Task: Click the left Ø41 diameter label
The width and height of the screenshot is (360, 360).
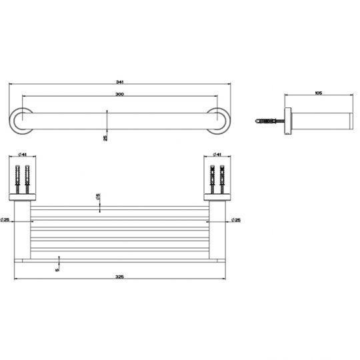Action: [x=22, y=155]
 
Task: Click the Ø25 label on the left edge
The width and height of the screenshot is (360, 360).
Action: [x=5, y=220]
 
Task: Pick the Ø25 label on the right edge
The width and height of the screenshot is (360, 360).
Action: [x=236, y=220]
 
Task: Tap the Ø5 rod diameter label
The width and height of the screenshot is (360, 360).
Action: [x=98, y=197]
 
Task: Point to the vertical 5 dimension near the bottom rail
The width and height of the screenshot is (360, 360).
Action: [x=58, y=268]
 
